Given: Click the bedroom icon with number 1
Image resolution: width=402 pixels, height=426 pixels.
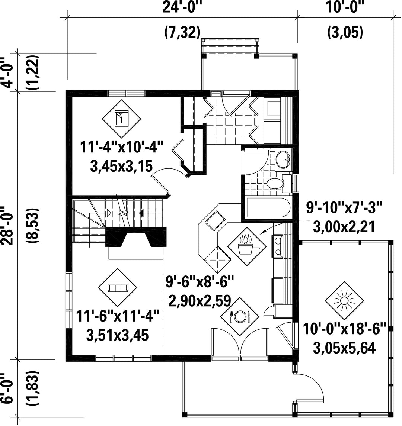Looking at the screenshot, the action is (121, 119).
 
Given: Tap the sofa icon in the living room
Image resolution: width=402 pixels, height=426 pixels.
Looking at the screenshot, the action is (118, 287).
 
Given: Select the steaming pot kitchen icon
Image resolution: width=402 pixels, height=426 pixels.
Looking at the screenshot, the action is (247, 246).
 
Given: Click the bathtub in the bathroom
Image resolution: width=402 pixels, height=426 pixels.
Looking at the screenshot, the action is (268, 207).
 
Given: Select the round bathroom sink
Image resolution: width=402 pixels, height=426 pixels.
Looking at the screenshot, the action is (283, 159).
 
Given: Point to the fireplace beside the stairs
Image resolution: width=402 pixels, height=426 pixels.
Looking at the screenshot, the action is (136, 237).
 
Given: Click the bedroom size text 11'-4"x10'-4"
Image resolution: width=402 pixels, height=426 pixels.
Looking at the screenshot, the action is (121, 148).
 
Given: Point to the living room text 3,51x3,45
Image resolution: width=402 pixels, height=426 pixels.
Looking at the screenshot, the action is (118, 336).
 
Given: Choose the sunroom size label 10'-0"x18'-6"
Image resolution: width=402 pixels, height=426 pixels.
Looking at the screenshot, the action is (345, 329).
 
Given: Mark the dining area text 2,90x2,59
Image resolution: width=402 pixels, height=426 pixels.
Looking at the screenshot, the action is (200, 301).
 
